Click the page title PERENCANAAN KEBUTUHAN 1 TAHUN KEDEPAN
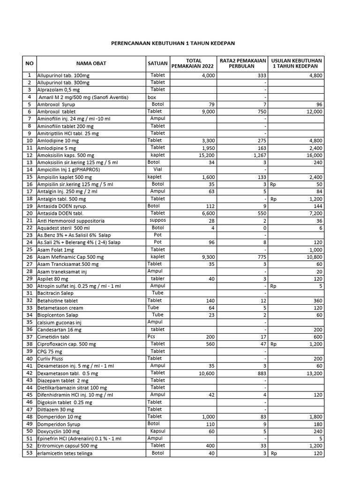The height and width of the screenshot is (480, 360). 172,43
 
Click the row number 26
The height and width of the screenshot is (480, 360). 29,257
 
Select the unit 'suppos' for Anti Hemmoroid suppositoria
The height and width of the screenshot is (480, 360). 157,220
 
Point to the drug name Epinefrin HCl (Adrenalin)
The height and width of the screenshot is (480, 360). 79,439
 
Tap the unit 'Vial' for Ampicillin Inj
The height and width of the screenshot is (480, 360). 157,170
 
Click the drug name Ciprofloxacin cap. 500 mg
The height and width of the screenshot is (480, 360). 67,344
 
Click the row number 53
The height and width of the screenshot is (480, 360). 29,453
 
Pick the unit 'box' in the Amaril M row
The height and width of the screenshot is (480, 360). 152,97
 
